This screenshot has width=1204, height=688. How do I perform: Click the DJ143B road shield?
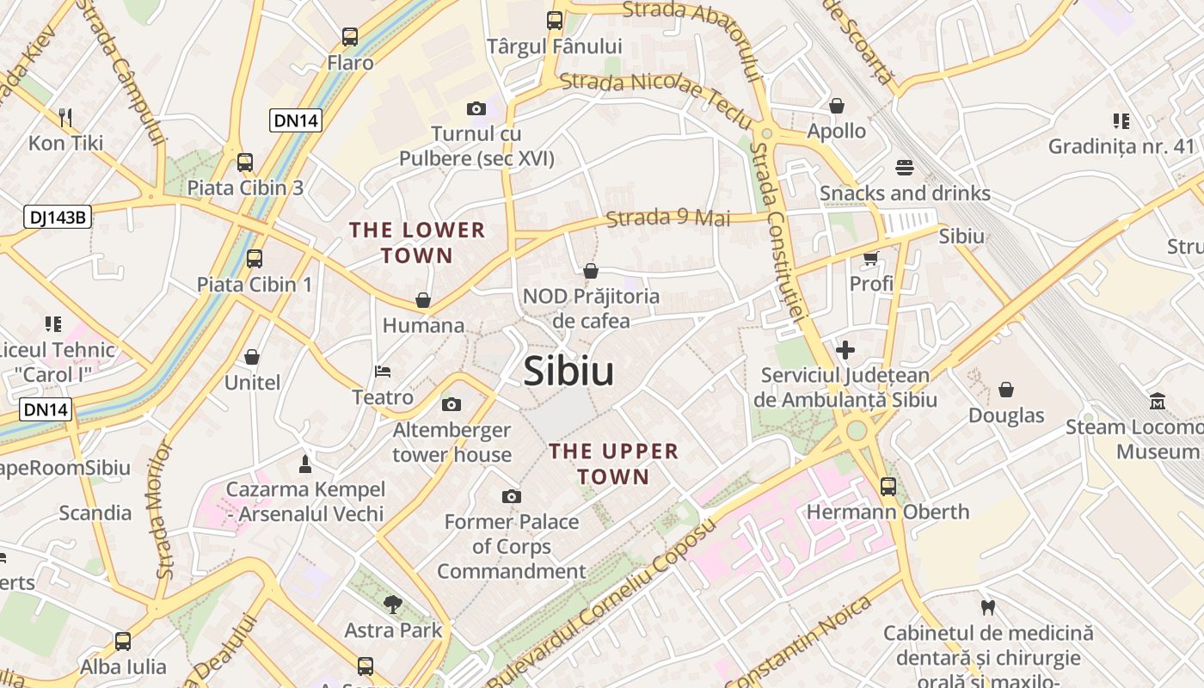point(58,217)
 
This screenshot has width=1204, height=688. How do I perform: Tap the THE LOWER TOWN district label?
point(417,243)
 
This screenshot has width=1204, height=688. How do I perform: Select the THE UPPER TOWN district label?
point(613,464)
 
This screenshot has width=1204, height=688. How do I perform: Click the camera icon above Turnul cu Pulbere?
point(476,108)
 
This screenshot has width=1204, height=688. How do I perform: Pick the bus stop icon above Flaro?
point(349,37)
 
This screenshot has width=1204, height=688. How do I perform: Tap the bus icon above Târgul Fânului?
point(555,21)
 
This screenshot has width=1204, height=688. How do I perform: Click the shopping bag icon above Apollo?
point(837,106)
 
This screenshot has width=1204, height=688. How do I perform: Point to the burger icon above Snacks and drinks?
point(904,168)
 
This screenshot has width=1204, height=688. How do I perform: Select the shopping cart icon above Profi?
point(871,258)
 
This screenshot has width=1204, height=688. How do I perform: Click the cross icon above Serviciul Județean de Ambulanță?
point(845,350)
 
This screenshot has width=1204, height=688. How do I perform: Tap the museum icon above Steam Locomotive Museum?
point(1157,402)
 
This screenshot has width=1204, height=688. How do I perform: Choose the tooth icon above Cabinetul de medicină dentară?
point(988,608)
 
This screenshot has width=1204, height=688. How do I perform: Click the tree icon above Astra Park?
point(393,605)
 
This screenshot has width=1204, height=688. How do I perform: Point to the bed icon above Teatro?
point(383,372)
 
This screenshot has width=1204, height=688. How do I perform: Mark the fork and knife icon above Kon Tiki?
point(65,117)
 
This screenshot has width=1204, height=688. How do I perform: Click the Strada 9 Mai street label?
point(668,218)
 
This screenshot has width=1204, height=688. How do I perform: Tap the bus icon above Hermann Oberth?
point(888,487)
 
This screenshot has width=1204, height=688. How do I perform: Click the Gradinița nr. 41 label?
point(1121,146)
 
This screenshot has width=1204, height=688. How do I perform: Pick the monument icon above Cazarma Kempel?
point(304,464)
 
